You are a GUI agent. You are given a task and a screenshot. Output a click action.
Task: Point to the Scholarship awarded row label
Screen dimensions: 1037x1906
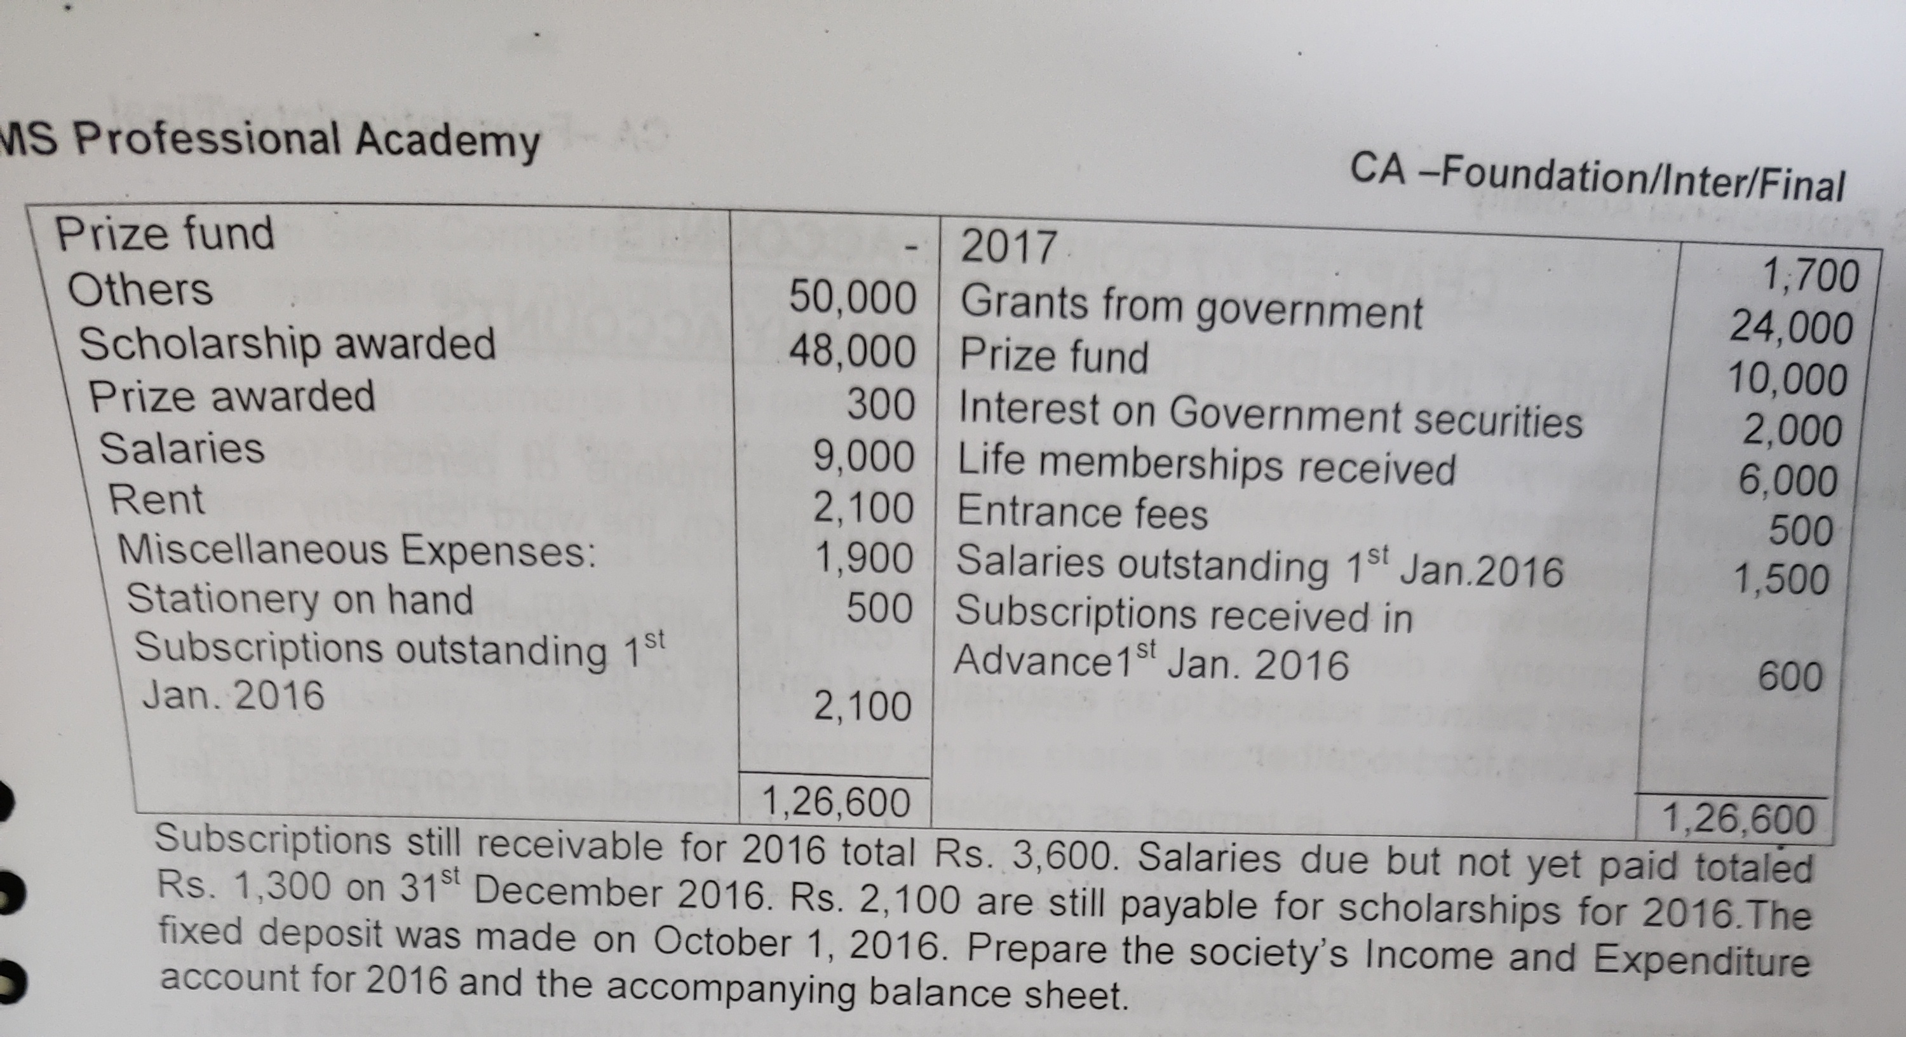287,344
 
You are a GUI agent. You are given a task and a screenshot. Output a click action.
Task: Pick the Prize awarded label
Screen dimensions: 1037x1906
232,396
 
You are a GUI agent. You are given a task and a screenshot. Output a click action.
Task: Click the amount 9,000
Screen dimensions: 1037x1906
863,457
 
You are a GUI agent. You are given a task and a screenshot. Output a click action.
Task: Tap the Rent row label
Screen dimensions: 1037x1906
156,499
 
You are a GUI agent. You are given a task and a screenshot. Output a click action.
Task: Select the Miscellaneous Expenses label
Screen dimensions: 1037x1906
356,552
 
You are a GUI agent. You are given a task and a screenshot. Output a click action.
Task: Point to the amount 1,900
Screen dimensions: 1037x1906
863,558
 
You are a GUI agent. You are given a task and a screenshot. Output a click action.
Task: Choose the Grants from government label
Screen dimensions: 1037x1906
1191,306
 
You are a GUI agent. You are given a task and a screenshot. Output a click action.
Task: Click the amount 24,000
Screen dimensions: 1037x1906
1790,327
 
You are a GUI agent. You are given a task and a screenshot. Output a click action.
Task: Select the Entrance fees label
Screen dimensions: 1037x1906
1082,512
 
